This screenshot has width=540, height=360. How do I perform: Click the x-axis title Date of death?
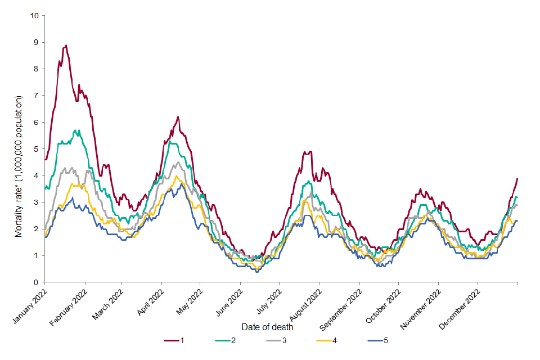(267, 327)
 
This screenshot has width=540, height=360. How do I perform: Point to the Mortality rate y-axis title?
(19, 166)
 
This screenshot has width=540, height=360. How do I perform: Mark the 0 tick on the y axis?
(36, 282)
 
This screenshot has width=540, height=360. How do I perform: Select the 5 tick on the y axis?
(36, 149)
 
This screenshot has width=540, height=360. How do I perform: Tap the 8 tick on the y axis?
(36, 69)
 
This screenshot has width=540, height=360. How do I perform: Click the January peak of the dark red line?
(66, 46)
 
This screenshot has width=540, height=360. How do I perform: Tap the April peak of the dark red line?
(178, 117)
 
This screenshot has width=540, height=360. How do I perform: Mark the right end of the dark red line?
(517, 178)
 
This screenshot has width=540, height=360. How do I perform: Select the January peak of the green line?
(74, 130)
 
